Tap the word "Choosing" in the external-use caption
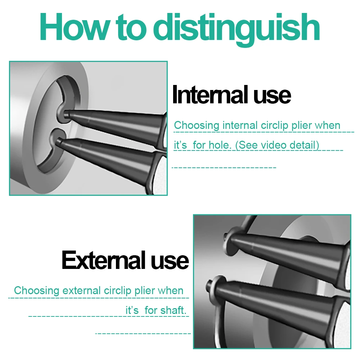pyautogui.click(x=36, y=291)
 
